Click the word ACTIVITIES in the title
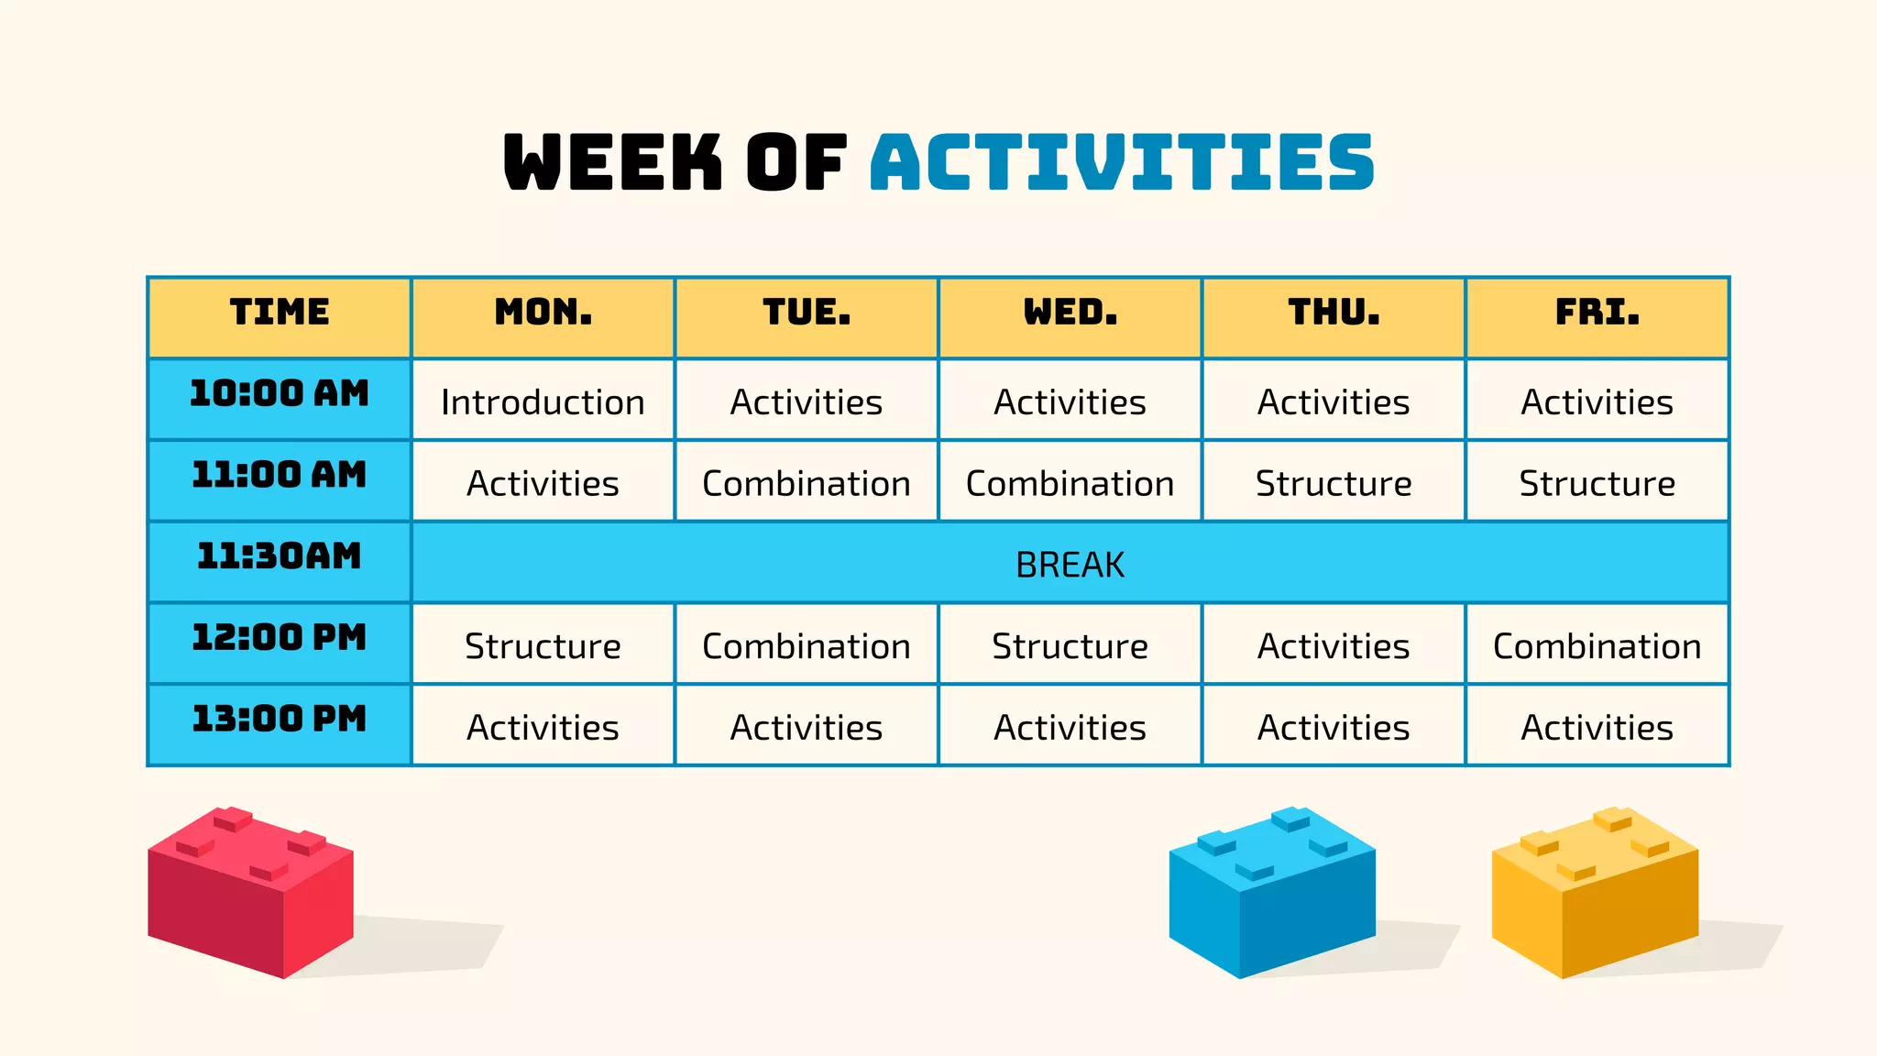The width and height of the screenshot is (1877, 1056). point(1122,162)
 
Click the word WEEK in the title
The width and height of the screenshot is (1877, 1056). point(612,162)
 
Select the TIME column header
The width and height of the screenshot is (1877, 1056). point(279,313)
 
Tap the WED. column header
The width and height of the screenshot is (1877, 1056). point(1070,313)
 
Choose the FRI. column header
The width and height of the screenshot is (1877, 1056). point(1597,313)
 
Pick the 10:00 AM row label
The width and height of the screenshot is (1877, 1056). point(279,394)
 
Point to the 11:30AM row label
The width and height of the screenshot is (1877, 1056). point(279,556)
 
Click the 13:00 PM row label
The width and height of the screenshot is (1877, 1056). point(279,720)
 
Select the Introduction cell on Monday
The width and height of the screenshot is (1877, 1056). point(543,402)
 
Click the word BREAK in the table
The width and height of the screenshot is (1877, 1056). point(1070,565)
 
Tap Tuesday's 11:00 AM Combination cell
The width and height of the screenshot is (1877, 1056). point(807,483)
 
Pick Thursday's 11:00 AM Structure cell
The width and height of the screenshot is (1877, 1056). point(1334,483)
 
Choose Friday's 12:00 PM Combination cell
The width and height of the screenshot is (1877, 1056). point(1597,646)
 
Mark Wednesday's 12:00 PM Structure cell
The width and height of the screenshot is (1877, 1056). point(1070,646)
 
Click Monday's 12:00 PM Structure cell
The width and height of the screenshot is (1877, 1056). point(543,646)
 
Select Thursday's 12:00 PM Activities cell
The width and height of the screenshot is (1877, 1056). point(1334,646)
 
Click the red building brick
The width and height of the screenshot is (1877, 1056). point(250,894)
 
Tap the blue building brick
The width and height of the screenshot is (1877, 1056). point(1271,894)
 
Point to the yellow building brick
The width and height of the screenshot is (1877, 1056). point(1595,894)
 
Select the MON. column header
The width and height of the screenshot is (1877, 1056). point(543,313)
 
